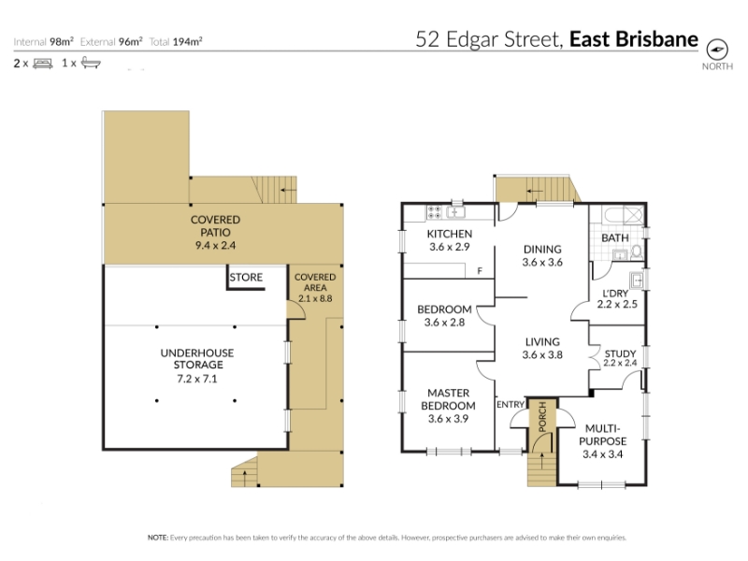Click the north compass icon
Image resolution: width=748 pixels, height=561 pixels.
pyautogui.click(x=717, y=50)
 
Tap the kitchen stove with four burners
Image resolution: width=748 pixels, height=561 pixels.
pyautogui.click(x=434, y=212)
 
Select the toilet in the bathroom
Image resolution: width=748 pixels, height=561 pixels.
pyautogui.click(x=637, y=252)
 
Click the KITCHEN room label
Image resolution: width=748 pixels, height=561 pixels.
pyautogui.click(x=450, y=234)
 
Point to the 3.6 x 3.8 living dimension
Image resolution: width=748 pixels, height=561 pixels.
pyautogui.click(x=542, y=355)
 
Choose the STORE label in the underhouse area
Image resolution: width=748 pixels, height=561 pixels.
pyautogui.click(x=246, y=278)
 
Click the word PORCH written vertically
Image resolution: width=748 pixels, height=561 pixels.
pyautogui.click(x=542, y=417)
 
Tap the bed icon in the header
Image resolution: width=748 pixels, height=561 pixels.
pyautogui.click(x=42, y=64)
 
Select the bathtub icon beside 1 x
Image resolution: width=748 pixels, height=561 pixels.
pyautogui.click(x=91, y=63)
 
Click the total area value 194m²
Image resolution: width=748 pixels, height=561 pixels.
pyautogui.click(x=188, y=42)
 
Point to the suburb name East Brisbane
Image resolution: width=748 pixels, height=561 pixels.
pyautogui.click(x=634, y=39)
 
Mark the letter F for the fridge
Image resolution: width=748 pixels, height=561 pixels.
pyautogui.click(x=480, y=271)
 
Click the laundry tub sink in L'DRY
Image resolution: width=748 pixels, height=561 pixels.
pyautogui.click(x=637, y=280)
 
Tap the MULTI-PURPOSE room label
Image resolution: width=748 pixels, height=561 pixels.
pyautogui.click(x=603, y=435)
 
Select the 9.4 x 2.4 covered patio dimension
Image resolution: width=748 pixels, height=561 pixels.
pyautogui.click(x=215, y=246)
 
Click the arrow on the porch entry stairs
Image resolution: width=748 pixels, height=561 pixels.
pyautogui.click(x=542, y=460)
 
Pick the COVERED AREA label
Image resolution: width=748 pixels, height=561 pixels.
pyautogui.click(x=315, y=282)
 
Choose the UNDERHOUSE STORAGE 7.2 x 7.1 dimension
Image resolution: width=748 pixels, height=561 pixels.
pyautogui.click(x=197, y=380)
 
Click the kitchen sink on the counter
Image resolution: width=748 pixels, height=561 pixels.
pyautogui.click(x=455, y=212)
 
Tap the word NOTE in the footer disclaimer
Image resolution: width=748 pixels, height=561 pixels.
pyautogui.click(x=157, y=538)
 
